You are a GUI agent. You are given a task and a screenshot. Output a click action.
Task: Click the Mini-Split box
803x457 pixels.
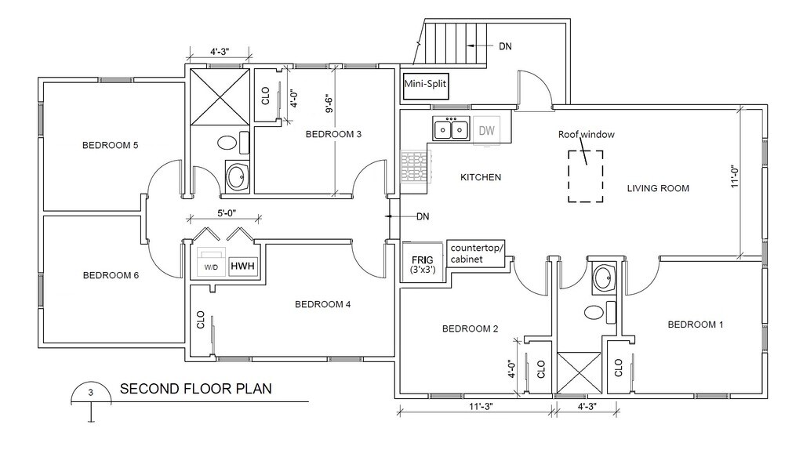[x=425, y=88]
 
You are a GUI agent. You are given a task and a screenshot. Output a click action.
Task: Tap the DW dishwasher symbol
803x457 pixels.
[x=486, y=130]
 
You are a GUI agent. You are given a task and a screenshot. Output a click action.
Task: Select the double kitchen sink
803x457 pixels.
[x=451, y=129]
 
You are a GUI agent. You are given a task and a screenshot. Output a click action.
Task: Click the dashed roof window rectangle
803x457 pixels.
[x=585, y=151]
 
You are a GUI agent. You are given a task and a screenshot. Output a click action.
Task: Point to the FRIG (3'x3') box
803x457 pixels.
[x=423, y=261]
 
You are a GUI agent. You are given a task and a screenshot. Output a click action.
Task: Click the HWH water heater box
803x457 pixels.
[x=242, y=266]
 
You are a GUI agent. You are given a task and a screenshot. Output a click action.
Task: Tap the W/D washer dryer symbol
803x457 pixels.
[x=211, y=263]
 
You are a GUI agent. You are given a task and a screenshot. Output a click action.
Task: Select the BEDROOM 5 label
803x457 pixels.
[x=110, y=145]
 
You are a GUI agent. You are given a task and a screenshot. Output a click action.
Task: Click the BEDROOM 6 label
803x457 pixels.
[x=111, y=275]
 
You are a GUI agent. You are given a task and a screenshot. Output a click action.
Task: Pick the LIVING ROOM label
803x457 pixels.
[x=658, y=188]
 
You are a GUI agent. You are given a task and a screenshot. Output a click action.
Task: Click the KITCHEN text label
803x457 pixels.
[x=481, y=178]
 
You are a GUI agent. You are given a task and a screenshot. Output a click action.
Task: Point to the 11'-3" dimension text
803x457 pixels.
[x=481, y=406]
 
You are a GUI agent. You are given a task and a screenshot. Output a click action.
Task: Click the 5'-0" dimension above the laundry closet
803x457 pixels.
[x=227, y=213]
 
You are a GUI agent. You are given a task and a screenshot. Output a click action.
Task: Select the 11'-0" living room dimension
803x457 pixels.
[x=735, y=176]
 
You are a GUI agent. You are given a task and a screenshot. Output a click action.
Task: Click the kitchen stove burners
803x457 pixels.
[x=416, y=166]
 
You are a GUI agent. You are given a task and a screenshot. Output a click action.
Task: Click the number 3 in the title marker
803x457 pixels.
[x=91, y=393]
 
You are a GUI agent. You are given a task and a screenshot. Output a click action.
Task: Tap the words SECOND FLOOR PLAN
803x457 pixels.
[x=195, y=389]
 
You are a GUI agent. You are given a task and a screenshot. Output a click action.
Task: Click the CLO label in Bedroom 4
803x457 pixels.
[x=200, y=319]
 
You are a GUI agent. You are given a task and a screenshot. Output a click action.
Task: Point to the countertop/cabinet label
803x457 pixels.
[x=477, y=254]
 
